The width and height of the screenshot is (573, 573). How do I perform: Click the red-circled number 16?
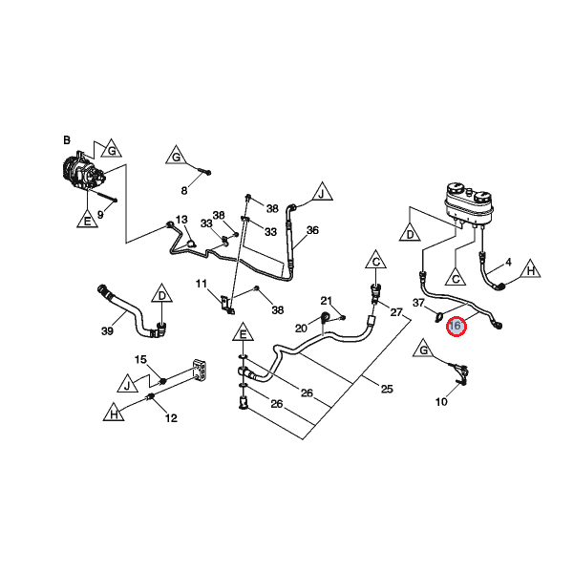tap(456, 327)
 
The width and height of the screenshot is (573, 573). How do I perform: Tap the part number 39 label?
tap(107, 330)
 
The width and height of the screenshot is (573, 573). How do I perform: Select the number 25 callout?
tap(387, 389)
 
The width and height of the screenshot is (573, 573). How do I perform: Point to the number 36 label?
tap(312, 230)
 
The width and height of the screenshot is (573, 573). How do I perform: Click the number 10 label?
tap(441, 402)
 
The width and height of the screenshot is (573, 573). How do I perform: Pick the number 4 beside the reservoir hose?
tap(508, 262)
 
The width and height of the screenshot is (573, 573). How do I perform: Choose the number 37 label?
tap(417, 304)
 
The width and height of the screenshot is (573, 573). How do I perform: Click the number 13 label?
tap(181, 220)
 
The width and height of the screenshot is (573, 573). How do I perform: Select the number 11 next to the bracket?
tap(202, 284)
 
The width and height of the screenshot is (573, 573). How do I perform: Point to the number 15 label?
tap(140, 360)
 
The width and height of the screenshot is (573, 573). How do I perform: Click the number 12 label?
tap(172, 417)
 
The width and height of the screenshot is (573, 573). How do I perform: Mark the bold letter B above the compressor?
tap(67, 140)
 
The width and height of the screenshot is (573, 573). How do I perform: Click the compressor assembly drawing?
tap(83, 177)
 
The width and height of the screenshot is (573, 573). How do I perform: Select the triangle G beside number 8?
tap(176, 157)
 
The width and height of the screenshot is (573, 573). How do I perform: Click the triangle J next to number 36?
tap(322, 195)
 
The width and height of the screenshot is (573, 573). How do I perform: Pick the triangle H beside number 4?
tap(530, 272)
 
